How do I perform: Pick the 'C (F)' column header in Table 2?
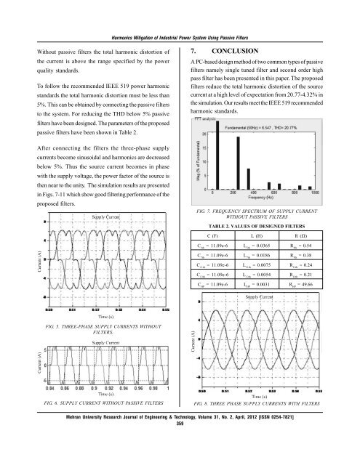(x=217, y=235)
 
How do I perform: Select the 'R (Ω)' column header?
(x=313, y=235)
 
